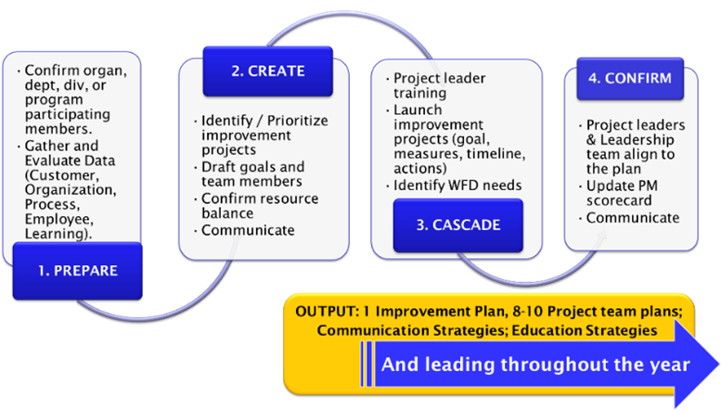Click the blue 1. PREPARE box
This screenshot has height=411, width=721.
[x=78, y=271]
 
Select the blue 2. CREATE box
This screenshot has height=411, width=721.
[x=267, y=71]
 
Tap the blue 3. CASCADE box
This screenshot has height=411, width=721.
[x=458, y=225]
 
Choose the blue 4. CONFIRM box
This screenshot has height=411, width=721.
[x=630, y=79]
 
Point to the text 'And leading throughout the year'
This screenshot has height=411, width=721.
[x=535, y=365]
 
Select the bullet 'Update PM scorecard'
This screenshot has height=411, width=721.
[x=618, y=193]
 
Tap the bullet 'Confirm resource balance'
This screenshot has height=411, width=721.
[x=257, y=206]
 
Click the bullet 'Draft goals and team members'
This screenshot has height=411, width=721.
[x=250, y=173]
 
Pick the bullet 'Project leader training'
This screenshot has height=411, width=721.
[x=436, y=85]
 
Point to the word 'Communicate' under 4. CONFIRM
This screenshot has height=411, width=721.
[x=633, y=217]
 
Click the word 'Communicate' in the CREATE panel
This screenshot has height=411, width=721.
[x=248, y=230]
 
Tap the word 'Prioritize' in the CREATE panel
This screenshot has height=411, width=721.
[x=298, y=121]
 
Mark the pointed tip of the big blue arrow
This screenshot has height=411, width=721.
[x=719, y=365]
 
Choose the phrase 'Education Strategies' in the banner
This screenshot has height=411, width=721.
[x=585, y=330]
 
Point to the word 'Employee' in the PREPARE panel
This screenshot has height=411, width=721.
[x=58, y=219]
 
